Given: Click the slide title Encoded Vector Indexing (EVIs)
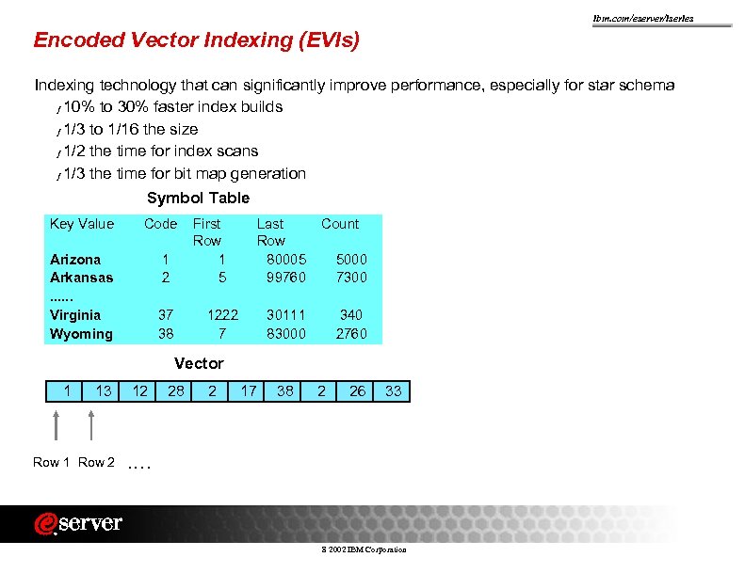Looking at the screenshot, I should (x=197, y=40).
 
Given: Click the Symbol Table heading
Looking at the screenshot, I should (x=198, y=198).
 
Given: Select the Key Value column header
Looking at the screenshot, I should (x=82, y=224).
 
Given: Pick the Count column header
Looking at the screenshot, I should (x=340, y=224).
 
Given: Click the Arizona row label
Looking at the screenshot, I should (x=75, y=259).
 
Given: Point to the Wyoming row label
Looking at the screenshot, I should (x=81, y=334).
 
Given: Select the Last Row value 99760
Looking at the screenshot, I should (x=286, y=278).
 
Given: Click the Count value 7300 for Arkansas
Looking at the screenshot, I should (x=351, y=278).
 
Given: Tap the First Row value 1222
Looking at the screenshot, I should (x=222, y=315).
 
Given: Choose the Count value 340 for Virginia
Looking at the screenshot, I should (x=351, y=315).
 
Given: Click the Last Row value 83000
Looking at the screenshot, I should (x=286, y=334).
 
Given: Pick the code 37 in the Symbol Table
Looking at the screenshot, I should (x=166, y=315).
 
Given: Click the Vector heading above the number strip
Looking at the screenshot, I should (x=199, y=363).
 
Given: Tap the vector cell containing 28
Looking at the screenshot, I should (x=176, y=390).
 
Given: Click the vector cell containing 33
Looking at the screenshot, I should (x=394, y=390).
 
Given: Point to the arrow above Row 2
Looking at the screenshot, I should (x=91, y=424).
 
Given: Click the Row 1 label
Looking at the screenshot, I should (x=51, y=462).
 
